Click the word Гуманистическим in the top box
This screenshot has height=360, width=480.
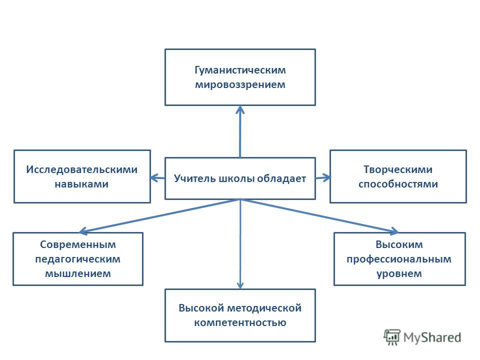240,70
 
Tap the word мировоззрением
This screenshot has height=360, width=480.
240,85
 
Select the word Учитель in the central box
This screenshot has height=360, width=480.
194,178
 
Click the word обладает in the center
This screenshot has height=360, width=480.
281,178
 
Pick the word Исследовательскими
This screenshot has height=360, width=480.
81,169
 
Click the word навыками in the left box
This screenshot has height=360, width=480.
81,184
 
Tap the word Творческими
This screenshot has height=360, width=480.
398,169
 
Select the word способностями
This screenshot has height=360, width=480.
398,184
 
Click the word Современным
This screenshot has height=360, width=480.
78,244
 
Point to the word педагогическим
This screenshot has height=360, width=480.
78,259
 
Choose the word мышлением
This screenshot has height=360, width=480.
78,273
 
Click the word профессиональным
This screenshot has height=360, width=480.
399,259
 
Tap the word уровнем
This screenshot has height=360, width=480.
399,274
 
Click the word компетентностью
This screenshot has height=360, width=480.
240,322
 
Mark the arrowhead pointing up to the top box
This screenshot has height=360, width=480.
240,109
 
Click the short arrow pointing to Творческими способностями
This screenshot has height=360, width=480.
323,177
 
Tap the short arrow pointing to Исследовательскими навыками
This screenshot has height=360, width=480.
157,178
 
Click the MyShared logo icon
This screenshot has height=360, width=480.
392,337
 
